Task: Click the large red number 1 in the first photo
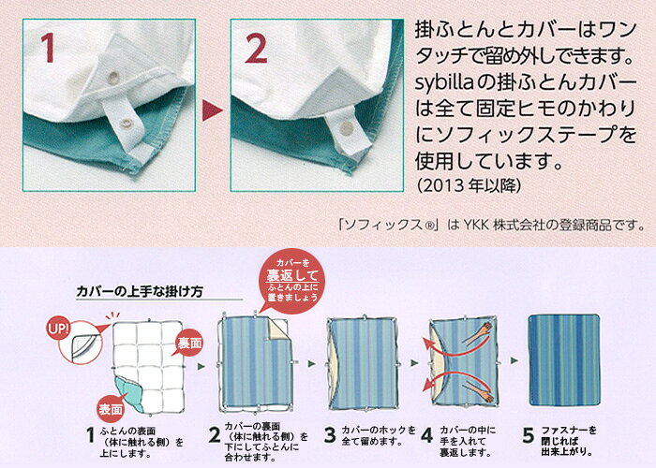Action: (x=49, y=48)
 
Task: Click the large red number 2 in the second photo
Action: (x=256, y=48)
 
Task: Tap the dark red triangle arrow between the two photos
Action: (x=212, y=110)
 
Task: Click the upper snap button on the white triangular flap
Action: (x=113, y=77)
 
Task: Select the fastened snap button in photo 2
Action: (x=346, y=128)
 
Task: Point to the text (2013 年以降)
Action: (x=469, y=185)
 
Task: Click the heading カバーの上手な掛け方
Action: (x=141, y=291)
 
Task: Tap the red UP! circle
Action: (x=59, y=329)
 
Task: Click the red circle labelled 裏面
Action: (x=189, y=343)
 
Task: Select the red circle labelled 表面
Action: (x=111, y=409)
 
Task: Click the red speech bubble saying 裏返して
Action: (x=292, y=281)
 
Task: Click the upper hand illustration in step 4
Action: (x=478, y=333)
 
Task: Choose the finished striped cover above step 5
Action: (x=564, y=359)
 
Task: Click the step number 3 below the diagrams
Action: (x=330, y=435)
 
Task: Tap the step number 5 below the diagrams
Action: (x=529, y=435)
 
